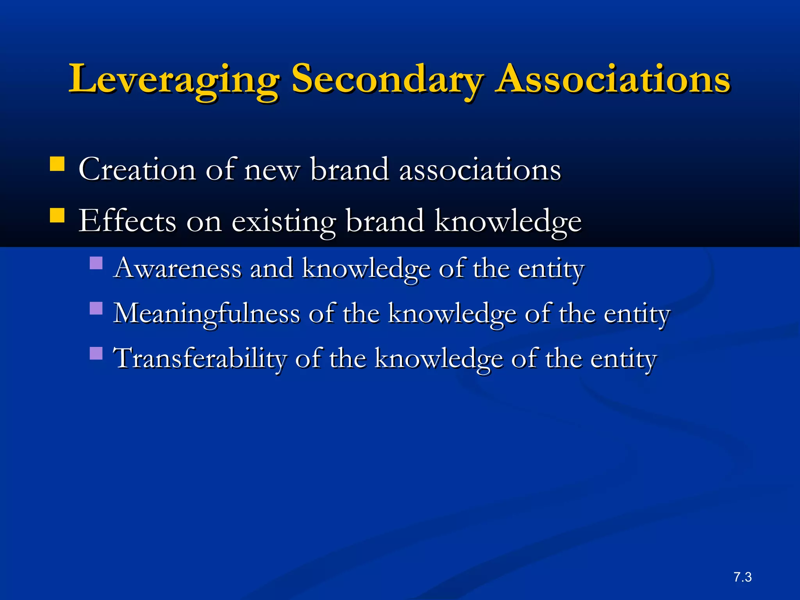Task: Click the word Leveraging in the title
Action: [x=174, y=80]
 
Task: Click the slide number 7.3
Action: [x=742, y=577]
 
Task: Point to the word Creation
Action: [x=137, y=170]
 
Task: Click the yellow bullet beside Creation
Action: [x=57, y=164]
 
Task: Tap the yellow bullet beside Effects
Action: [x=57, y=215]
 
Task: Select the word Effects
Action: [x=127, y=221]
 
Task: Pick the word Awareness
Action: [x=177, y=268]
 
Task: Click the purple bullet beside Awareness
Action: [x=96, y=263]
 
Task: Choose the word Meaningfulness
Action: [x=206, y=314]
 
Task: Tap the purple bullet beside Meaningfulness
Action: [x=96, y=308]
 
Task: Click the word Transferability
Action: [x=199, y=359]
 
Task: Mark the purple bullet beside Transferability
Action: [x=96, y=353]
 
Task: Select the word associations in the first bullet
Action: [x=480, y=170]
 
